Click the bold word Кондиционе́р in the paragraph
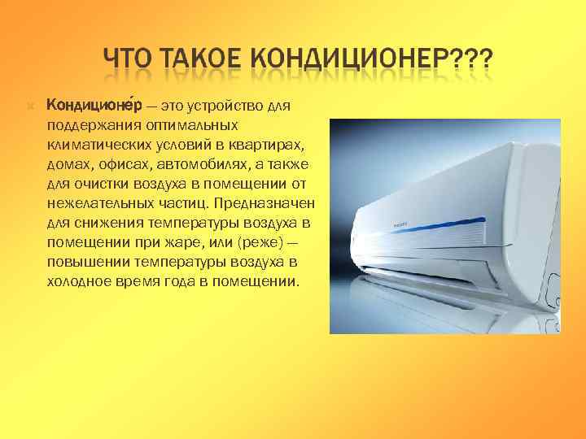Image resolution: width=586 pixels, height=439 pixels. (94, 106)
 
